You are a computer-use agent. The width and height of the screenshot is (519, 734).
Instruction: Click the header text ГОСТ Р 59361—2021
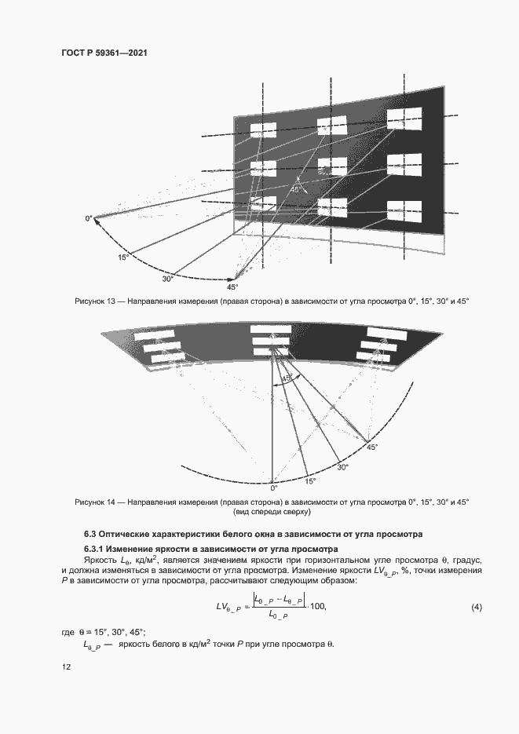click(x=104, y=53)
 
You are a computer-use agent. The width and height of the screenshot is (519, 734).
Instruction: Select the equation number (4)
click(x=476, y=608)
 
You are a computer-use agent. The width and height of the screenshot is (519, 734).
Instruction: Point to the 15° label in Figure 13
click(x=123, y=257)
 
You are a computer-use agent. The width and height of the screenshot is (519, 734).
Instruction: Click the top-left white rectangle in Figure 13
click(x=263, y=130)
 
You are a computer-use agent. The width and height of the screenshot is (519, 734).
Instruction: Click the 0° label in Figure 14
click(x=274, y=487)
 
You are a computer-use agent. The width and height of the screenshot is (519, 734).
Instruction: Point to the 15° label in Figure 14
click(x=311, y=481)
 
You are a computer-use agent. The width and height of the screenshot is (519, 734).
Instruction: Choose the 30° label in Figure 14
click(x=343, y=467)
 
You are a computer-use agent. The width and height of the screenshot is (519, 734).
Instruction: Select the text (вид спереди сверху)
click(x=272, y=512)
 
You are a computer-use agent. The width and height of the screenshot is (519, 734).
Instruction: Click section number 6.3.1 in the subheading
click(x=97, y=548)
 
